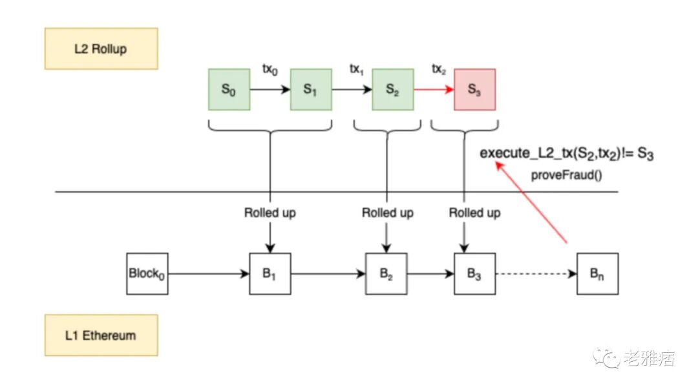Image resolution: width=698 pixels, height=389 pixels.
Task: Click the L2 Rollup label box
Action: [x=100, y=48]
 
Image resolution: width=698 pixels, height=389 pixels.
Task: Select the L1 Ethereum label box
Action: [x=100, y=335]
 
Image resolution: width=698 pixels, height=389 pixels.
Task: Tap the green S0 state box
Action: [x=229, y=90]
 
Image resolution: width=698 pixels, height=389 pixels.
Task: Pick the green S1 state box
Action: [x=311, y=90]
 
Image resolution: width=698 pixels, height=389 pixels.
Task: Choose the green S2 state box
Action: [x=393, y=90]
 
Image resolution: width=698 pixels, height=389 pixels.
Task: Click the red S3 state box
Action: [x=474, y=90]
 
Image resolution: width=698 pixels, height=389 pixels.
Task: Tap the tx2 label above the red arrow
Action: [x=439, y=68]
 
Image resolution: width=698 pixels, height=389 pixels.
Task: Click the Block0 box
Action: [x=147, y=274]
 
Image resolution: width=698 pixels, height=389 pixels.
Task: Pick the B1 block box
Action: [x=270, y=274]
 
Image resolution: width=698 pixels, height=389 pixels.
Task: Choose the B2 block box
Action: [x=386, y=274]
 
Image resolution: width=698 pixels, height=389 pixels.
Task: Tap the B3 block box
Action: [x=475, y=274]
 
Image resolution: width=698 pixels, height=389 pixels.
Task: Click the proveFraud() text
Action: [x=567, y=175]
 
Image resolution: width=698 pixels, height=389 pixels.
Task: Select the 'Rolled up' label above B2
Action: [x=387, y=213]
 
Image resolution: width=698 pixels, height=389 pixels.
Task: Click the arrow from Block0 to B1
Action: [x=209, y=274]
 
